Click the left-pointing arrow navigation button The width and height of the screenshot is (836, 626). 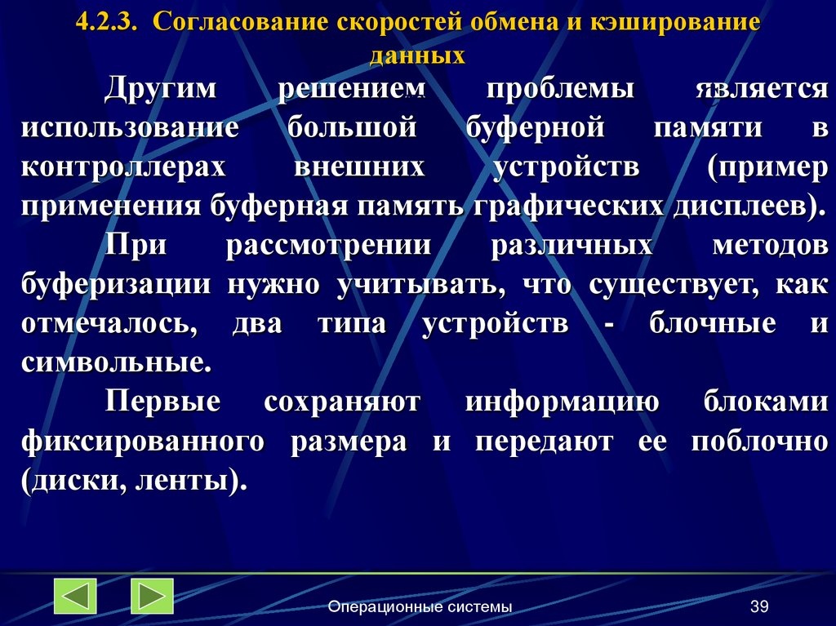point(74,596)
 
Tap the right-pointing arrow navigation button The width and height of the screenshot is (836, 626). point(151,596)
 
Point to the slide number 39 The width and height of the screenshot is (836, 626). point(759,606)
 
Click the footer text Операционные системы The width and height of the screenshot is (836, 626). point(420,606)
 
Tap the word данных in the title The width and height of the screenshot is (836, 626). point(417,55)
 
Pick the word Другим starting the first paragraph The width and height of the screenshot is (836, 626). point(160,89)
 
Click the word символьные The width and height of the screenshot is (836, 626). point(117,362)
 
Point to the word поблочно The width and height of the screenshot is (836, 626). point(759,442)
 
